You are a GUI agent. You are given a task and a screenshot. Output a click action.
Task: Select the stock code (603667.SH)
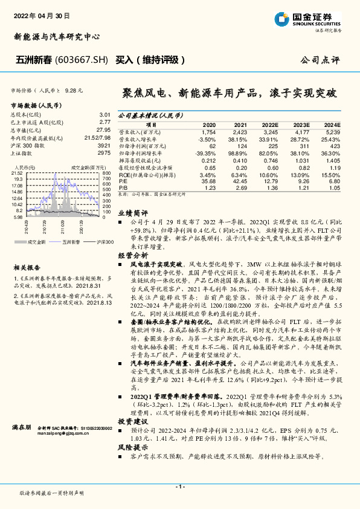82,60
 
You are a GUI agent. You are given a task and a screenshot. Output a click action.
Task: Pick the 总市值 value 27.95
103,130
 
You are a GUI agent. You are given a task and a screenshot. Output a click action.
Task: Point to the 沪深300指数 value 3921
104,146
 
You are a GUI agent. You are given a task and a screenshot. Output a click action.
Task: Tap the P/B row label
122,188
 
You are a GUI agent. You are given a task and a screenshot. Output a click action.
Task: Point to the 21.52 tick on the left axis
17,173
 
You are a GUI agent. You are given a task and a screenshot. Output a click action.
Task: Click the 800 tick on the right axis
107,173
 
